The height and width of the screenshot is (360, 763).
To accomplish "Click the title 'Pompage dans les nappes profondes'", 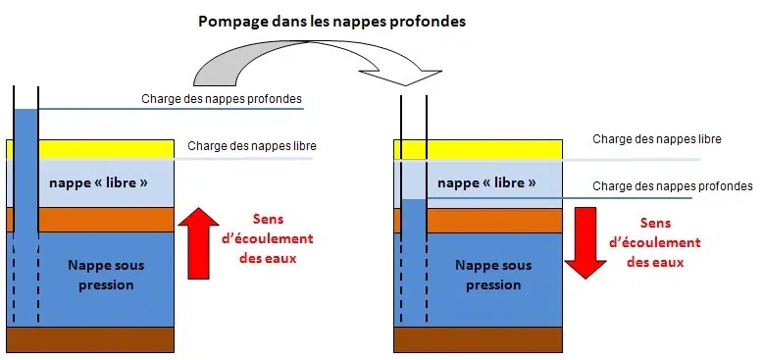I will pos(331,21).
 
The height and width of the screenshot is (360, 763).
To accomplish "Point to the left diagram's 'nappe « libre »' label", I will pos(98,183).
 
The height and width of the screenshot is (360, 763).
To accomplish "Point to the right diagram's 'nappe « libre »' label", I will pos(486,183).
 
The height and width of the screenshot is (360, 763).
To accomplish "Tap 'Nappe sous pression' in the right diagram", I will pos(493,275).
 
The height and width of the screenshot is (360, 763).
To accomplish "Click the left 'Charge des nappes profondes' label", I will pos(222,99).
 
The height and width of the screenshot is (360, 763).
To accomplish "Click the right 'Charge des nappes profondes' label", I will pos(673,186).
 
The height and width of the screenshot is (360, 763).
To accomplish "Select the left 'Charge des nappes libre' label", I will pos(252,147).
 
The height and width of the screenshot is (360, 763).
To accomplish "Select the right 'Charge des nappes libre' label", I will pos(657,139).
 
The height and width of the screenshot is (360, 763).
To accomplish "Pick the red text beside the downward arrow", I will pos(656,243).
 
